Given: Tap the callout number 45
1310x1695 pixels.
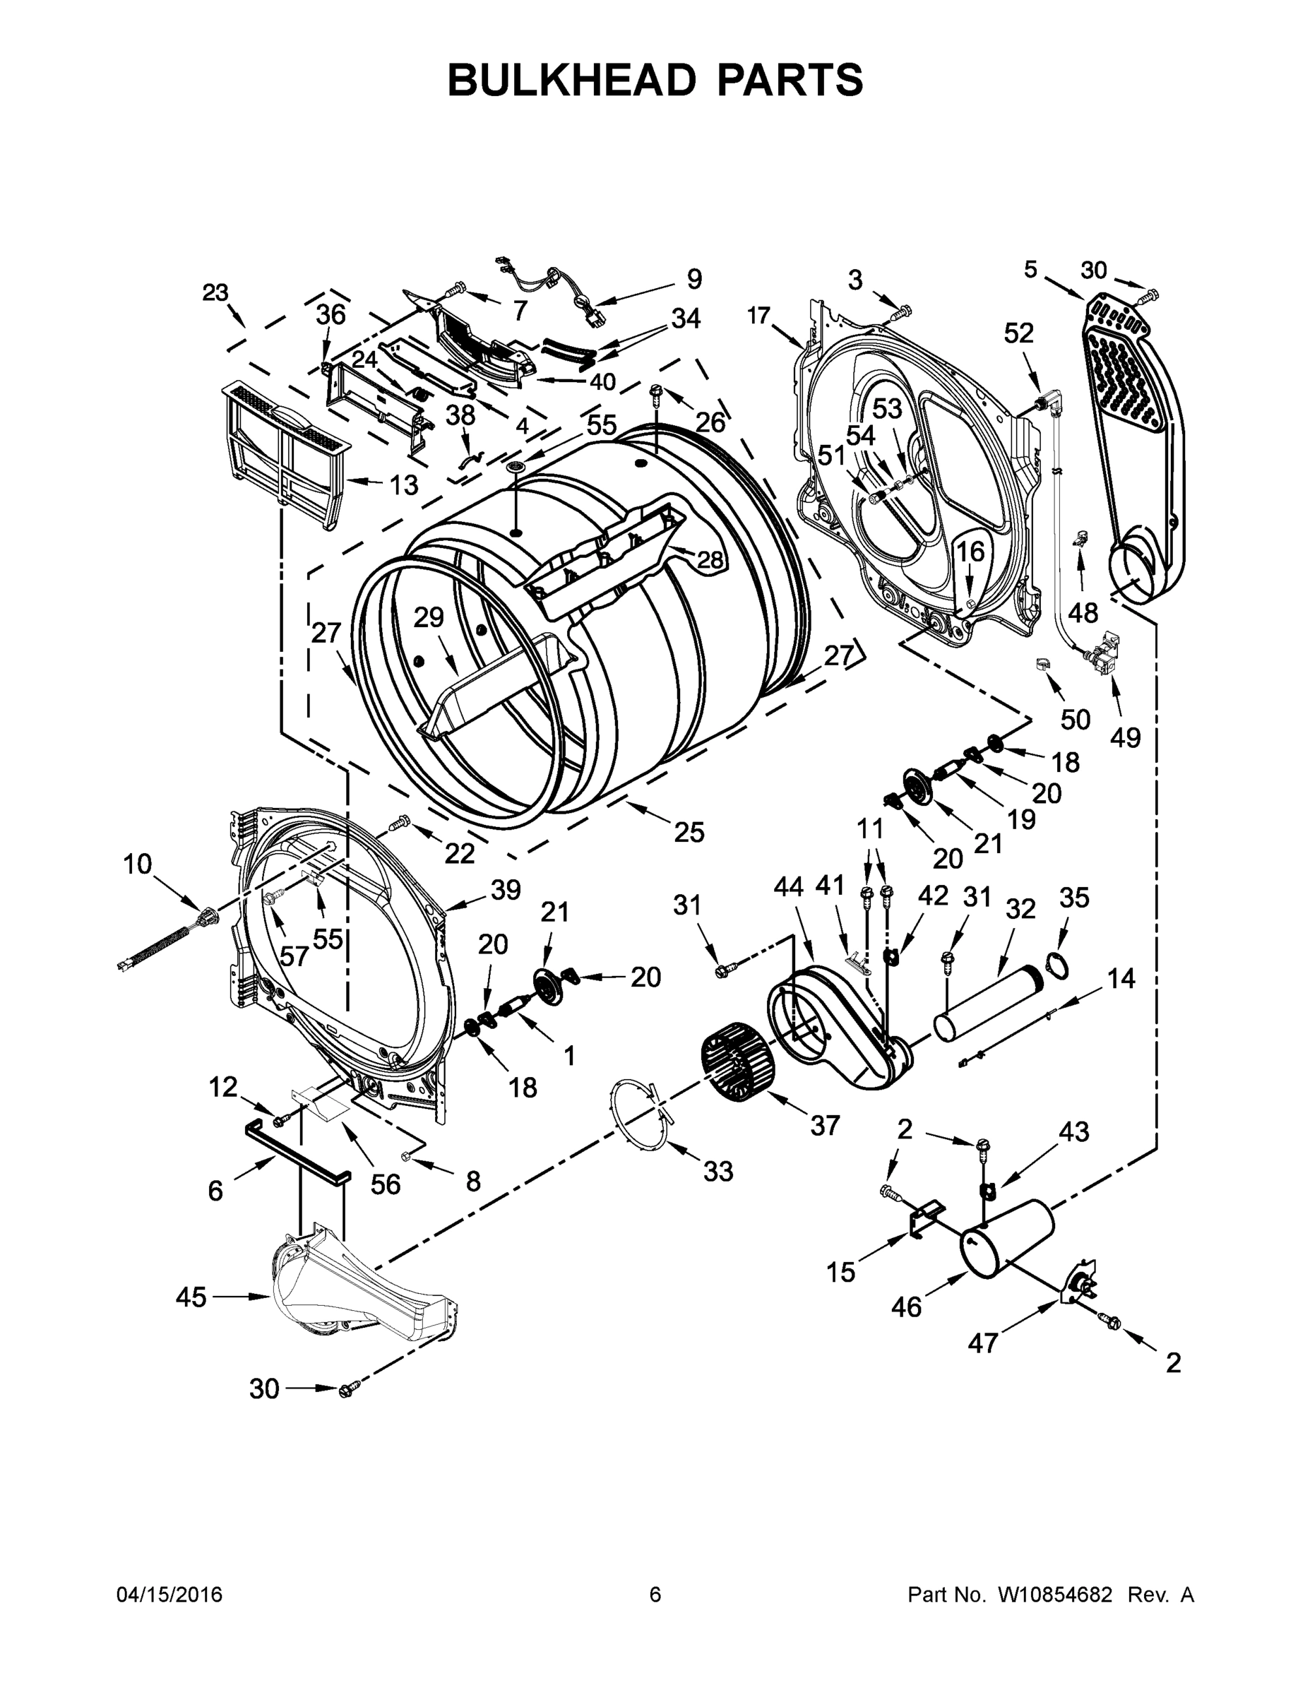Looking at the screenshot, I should [x=190, y=1297].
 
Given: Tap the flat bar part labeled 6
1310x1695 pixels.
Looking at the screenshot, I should [x=298, y=1152].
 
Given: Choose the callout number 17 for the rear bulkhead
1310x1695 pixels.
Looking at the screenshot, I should [x=758, y=315].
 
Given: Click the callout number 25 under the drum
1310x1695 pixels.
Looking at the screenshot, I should [x=689, y=832].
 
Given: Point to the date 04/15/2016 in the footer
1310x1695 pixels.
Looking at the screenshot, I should [x=169, y=1594].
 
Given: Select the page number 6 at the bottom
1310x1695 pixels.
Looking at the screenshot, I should [x=655, y=1594].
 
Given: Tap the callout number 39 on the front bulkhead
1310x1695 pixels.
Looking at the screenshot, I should [x=505, y=890].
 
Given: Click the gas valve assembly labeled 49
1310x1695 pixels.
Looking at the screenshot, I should [x=1106, y=647].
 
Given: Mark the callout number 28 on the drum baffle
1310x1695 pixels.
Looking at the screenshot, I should [x=709, y=559].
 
